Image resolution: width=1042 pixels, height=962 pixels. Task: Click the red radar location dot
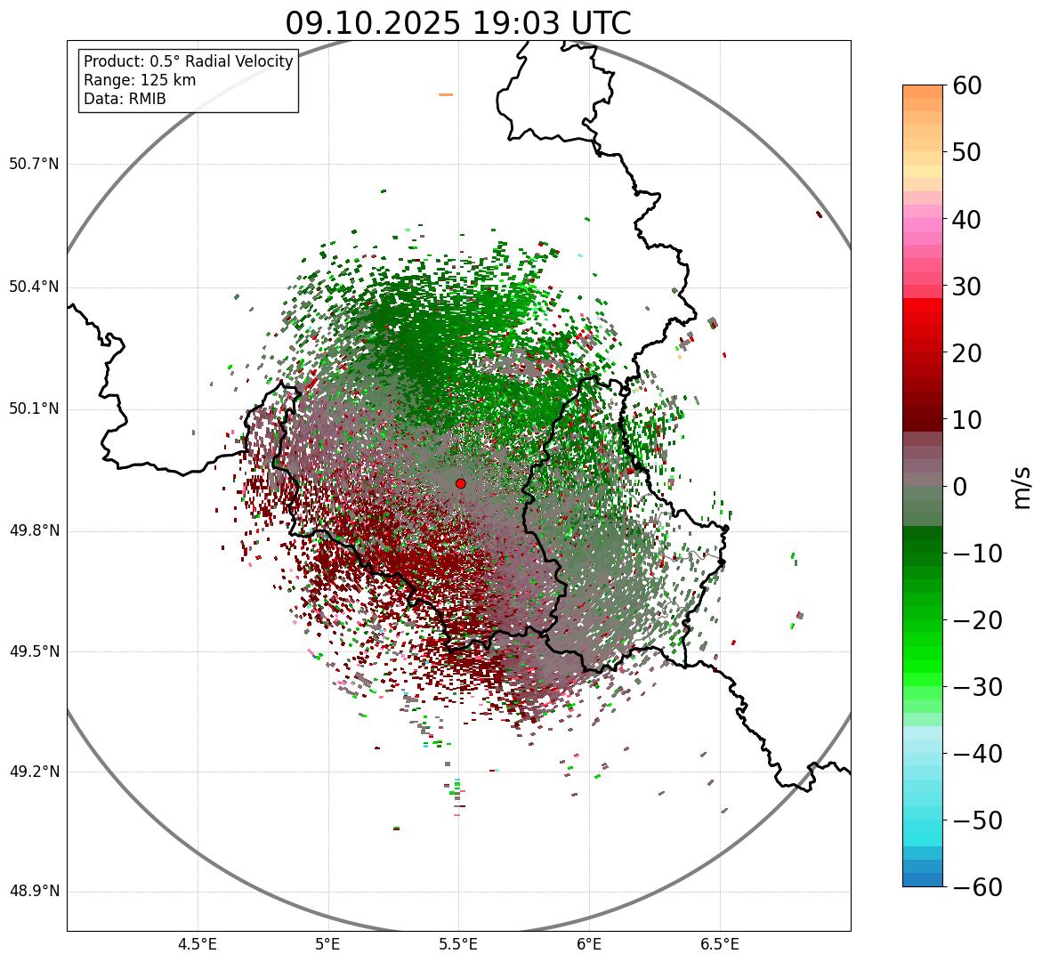click(x=460, y=483)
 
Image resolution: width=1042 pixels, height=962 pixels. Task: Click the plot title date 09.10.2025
click(x=373, y=23)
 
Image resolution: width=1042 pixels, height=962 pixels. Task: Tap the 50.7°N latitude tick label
click(x=34, y=165)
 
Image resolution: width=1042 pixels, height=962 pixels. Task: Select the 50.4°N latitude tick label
click(x=34, y=287)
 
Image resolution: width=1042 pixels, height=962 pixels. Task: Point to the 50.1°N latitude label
click(x=34, y=409)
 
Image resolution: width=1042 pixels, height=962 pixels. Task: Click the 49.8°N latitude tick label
click(x=34, y=531)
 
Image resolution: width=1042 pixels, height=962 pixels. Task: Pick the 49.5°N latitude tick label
click(x=34, y=651)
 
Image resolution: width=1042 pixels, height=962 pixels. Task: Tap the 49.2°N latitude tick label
click(x=34, y=772)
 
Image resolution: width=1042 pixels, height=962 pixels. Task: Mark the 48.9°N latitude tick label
click(x=34, y=892)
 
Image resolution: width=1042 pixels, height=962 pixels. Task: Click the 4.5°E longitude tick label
click(x=198, y=944)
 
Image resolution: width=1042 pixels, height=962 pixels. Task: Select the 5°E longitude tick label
click(x=328, y=944)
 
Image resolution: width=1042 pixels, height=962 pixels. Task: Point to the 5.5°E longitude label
click(x=458, y=944)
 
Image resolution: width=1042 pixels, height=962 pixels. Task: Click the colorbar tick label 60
click(x=967, y=86)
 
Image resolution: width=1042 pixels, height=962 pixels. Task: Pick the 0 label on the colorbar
click(x=960, y=487)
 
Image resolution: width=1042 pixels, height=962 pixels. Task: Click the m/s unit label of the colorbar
click(x=1022, y=487)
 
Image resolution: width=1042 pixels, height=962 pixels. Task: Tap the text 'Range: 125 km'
click(x=140, y=80)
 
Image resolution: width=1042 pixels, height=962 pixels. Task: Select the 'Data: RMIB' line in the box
click(x=125, y=99)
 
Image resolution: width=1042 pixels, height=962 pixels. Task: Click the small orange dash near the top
click(x=446, y=94)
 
